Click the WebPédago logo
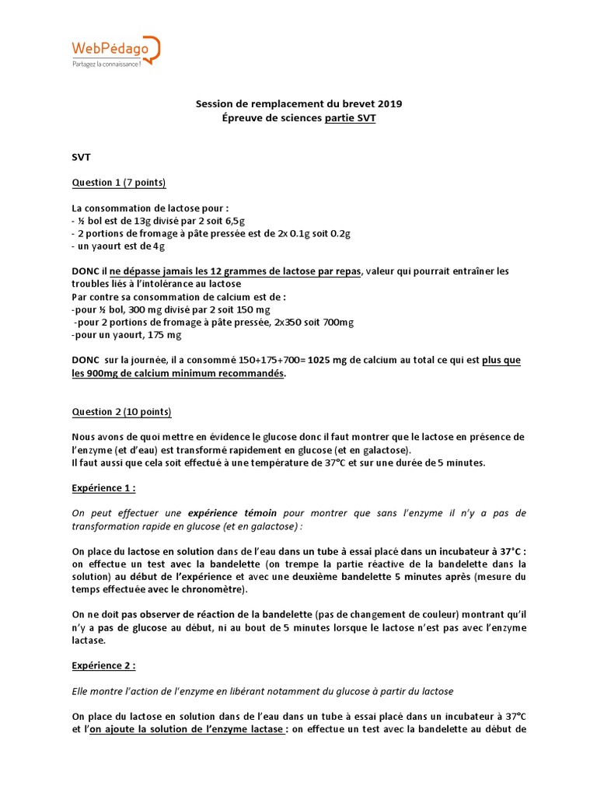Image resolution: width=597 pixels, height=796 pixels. tap(113, 50)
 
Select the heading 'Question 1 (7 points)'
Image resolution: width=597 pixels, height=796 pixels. tap(119, 183)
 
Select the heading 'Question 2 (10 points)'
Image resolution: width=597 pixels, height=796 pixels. tap(122, 412)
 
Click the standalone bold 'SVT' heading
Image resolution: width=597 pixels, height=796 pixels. tap(82, 157)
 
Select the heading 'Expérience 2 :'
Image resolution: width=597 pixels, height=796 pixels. tap(103, 666)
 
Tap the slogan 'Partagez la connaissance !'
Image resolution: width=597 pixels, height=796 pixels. tap(102, 64)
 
